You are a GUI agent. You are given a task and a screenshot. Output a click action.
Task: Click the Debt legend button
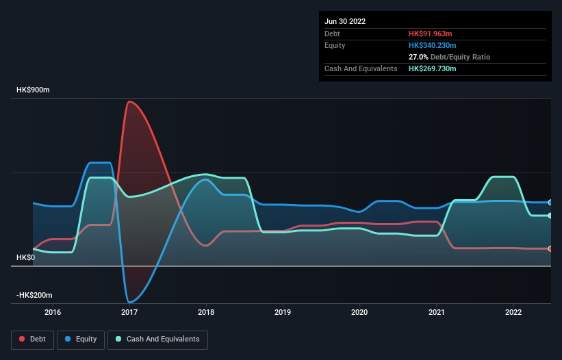point(32,339)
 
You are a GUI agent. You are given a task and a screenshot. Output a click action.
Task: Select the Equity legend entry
point(81,339)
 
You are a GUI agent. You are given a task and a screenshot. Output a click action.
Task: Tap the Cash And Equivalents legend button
point(157,339)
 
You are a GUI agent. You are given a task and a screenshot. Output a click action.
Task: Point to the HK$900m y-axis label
point(34,90)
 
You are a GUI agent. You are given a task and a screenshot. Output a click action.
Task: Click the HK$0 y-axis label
point(26,257)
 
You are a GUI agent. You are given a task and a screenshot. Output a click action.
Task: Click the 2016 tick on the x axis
point(52,313)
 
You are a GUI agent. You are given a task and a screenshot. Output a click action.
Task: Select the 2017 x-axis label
point(129,313)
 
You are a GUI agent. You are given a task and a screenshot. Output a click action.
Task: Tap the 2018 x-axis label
point(206,313)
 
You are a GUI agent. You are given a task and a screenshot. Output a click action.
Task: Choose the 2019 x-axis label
point(283,313)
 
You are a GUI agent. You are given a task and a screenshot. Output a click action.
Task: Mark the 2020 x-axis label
point(359,313)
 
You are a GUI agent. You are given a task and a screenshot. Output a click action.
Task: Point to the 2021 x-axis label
point(437,313)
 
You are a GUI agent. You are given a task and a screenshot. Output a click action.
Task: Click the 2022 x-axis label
point(513,313)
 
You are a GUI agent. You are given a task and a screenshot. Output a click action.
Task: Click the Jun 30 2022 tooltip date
point(345,21)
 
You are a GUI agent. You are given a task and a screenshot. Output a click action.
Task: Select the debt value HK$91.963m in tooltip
point(431,34)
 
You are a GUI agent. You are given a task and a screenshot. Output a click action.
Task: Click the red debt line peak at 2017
point(129,102)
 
